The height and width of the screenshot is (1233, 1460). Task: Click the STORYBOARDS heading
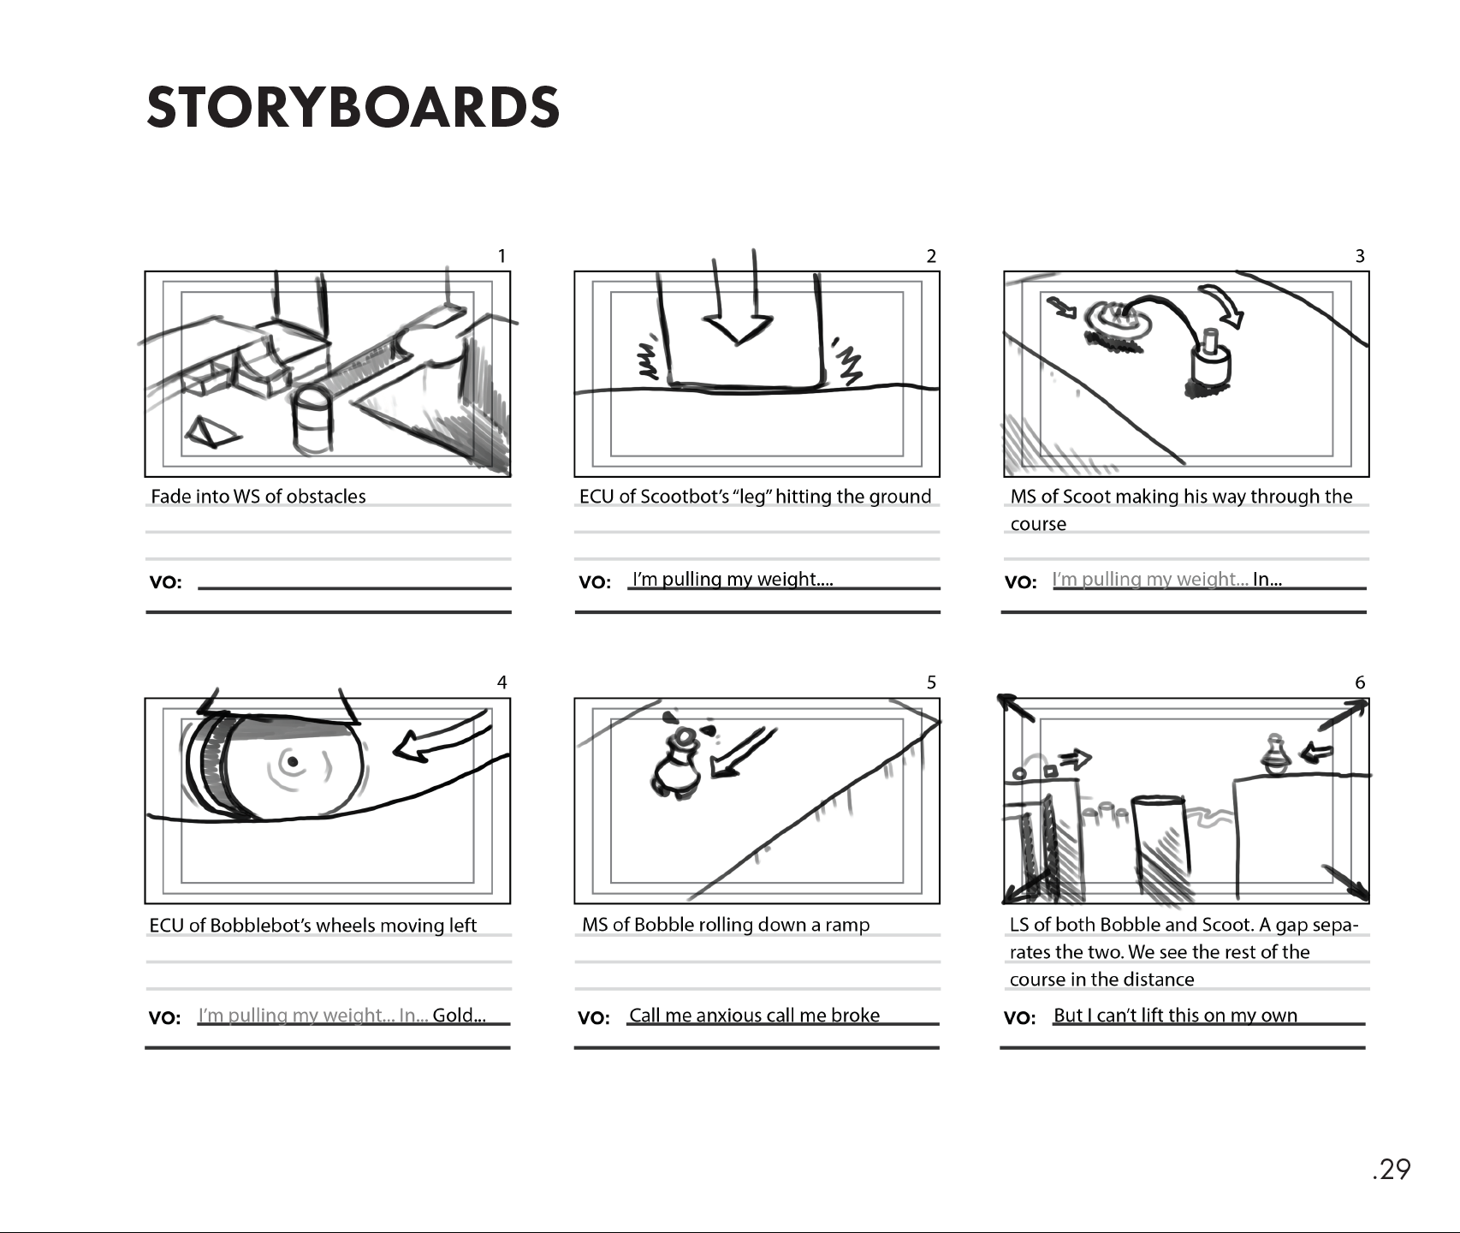tap(353, 108)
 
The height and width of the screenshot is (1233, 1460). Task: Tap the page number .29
tap(1391, 1169)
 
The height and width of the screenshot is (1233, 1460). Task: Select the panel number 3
tap(1360, 256)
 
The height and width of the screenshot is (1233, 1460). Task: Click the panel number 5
tap(931, 682)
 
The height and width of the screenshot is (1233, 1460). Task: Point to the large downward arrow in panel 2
tap(737, 317)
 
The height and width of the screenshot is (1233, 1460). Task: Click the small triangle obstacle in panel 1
tap(208, 433)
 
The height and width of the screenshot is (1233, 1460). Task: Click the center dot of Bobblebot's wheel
tap(293, 761)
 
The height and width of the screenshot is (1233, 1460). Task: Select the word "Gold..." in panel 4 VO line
tap(459, 1016)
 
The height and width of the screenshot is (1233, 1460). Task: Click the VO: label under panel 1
tap(165, 583)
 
